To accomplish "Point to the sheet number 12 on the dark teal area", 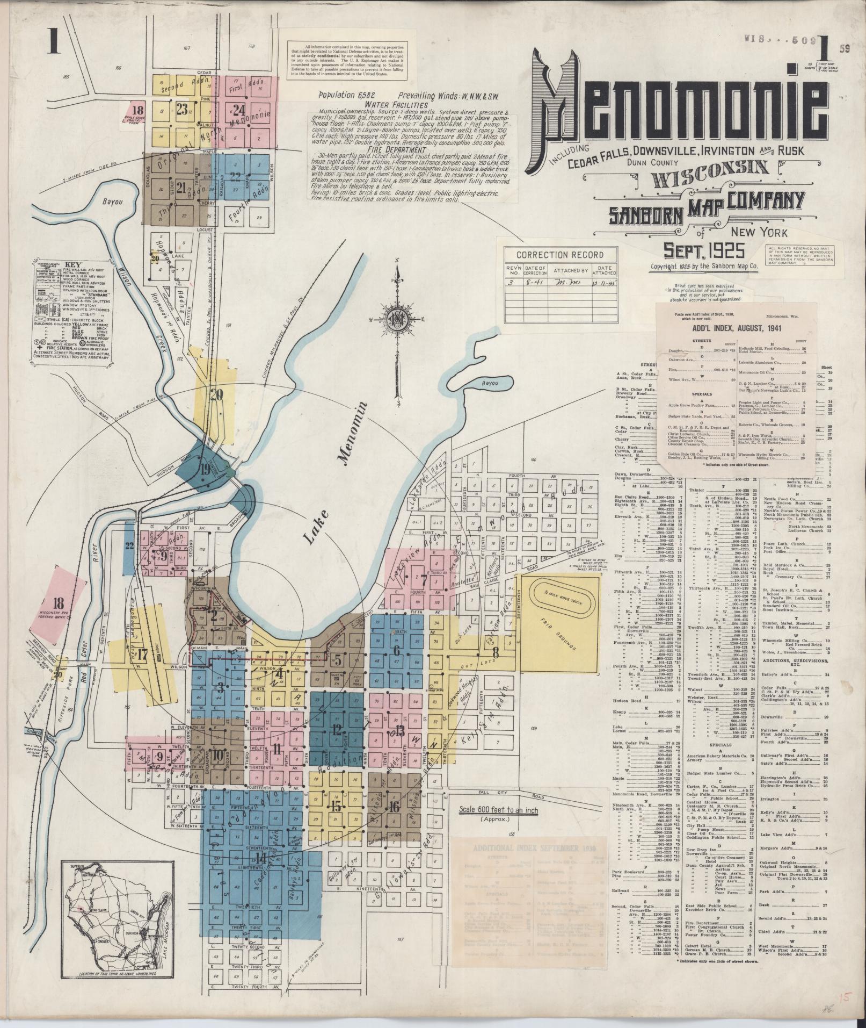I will pyautogui.click(x=337, y=729).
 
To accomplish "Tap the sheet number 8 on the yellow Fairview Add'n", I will pyautogui.click(x=496, y=655).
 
